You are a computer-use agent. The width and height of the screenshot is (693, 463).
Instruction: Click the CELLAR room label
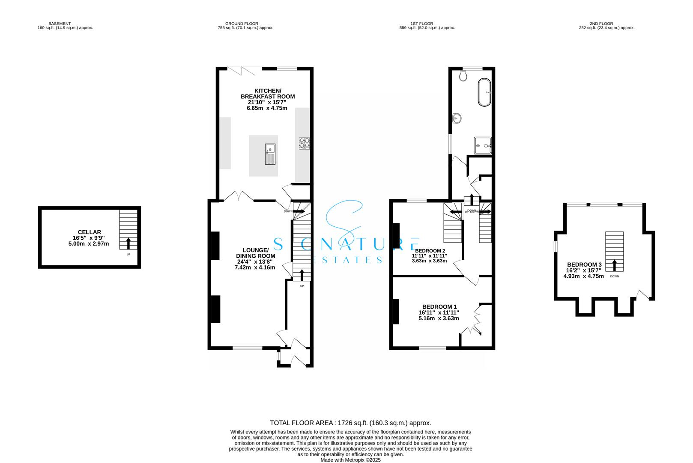coord(90,232)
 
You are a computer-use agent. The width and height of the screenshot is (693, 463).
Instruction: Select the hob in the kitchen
coord(305,143)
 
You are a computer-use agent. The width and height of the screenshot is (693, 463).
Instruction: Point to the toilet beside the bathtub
coord(462,76)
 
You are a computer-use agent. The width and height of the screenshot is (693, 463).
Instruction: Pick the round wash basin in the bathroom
coord(457,117)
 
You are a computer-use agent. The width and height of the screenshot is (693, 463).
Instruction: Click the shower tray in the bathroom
coord(483,146)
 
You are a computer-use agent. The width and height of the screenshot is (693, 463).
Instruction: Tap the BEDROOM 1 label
coord(439,307)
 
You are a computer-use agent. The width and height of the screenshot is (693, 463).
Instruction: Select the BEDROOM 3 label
coord(584,265)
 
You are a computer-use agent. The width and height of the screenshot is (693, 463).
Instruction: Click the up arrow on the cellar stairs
coord(128,243)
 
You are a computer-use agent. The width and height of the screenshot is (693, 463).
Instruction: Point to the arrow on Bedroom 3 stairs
coord(615,265)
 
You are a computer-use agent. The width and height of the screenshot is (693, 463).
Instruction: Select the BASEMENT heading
coord(60,24)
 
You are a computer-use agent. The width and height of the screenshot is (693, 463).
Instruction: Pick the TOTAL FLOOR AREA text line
coord(350,423)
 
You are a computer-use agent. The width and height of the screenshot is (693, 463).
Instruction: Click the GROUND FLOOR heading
coord(242,24)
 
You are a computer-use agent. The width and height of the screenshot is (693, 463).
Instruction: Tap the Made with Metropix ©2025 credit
coord(350,460)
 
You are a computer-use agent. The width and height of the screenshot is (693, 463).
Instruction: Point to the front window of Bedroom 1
coord(433,348)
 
